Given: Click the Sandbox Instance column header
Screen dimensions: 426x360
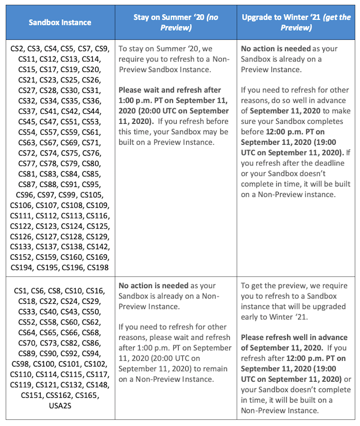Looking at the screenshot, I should [x=60, y=22].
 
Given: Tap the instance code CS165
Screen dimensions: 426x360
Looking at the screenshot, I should [x=88, y=395].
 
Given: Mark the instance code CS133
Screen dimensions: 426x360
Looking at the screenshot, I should [x=22, y=247].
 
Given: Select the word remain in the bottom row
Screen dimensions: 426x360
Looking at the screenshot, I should [x=216, y=368].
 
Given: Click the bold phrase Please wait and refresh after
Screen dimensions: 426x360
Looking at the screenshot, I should [x=169, y=90].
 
